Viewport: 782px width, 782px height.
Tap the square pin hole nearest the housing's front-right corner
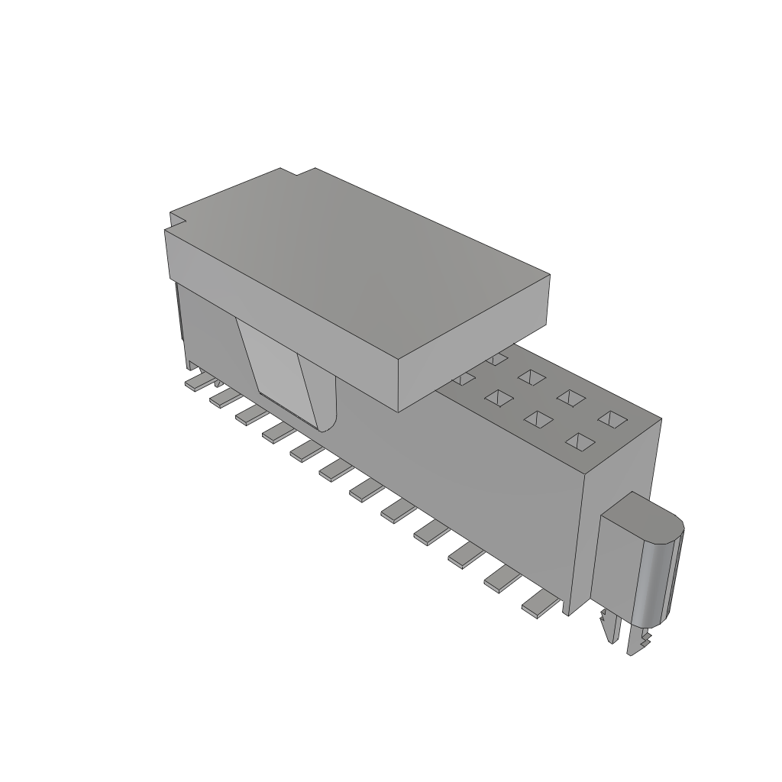click(x=580, y=441)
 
